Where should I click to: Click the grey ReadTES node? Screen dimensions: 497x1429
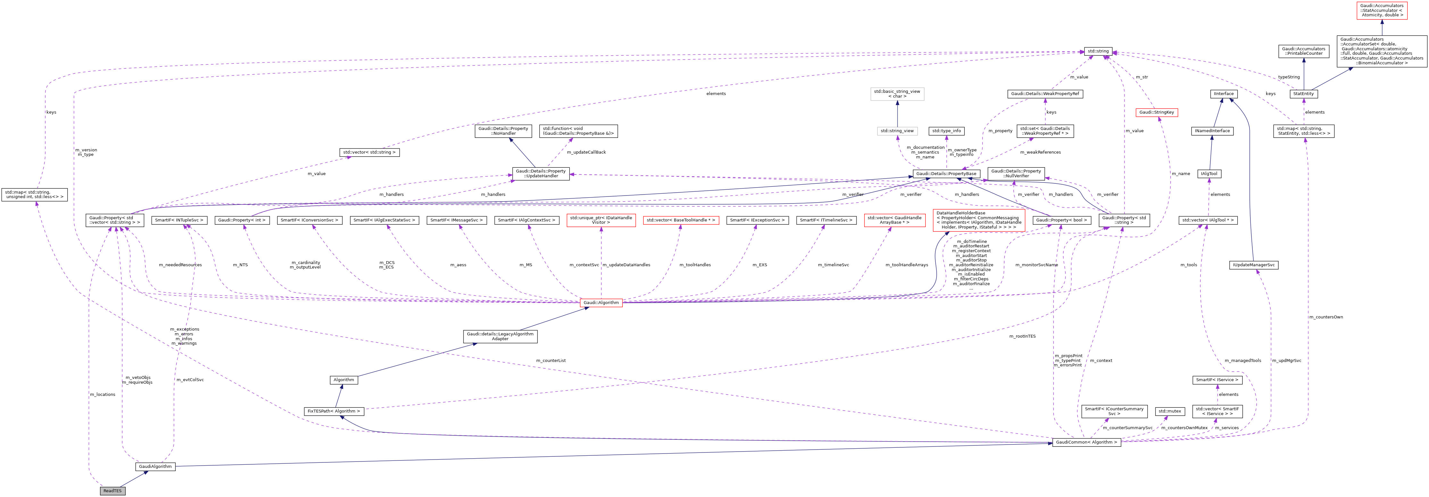[x=112, y=491]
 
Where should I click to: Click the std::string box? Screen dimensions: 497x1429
[x=1098, y=51]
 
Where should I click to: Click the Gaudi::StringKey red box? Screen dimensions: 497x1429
[x=1156, y=112]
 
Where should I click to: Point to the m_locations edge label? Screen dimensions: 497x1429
[x=103, y=395]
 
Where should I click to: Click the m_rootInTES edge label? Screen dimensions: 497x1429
[x=1022, y=336]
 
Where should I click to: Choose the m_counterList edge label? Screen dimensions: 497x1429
[x=550, y=361]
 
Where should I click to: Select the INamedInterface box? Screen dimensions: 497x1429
[x=1212, y=131]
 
